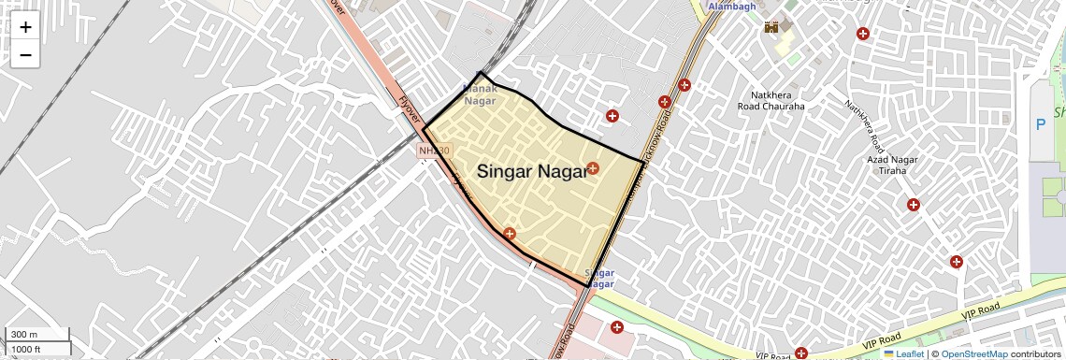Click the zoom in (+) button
[25, 27]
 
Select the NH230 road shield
[434, 151]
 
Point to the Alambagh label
[731, 7]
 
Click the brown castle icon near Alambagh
[772, 28]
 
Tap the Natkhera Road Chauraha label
[777, 100]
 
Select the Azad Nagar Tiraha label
[891, 166]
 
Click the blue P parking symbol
[1039, 123]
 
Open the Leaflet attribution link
[903, 353]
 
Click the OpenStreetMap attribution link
[973, 353]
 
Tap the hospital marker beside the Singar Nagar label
[594, 169]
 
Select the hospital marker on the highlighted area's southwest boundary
[509, 233]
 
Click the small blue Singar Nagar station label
[598, 278]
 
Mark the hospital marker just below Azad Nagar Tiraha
[914, 205]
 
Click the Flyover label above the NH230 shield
[408, 111]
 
